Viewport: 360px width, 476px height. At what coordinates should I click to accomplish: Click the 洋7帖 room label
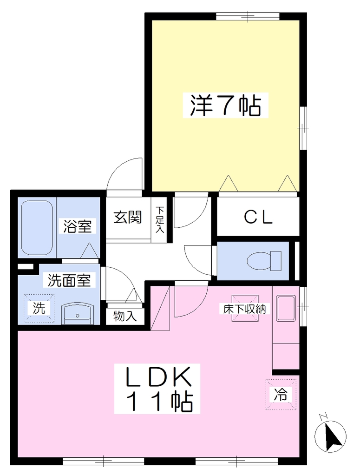(x=225, y=106)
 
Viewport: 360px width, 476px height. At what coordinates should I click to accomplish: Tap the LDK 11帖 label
(x=157, y=389)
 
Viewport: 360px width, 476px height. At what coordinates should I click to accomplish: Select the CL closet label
(x=258, y=217)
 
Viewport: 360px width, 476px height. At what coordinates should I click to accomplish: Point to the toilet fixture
(x=264, y=261)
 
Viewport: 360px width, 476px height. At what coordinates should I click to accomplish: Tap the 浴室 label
(x=77, y=226)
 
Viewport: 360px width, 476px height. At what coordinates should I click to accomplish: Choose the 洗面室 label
(x=70, y=280)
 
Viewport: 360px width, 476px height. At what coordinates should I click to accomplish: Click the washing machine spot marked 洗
(x=39, y=308)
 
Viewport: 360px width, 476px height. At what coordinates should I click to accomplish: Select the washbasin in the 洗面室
(x=77, y=315)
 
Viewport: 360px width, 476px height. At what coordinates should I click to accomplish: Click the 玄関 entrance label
(x=128, y=218)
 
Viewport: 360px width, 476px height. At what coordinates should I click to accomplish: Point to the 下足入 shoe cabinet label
(x=160, y=219)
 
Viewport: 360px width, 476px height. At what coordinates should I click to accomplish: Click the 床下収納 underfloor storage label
(x=244, y=309)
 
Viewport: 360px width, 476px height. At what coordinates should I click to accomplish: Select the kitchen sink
(x=286, y=308)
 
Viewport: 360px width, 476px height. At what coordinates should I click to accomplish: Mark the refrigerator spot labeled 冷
(x=281, y=394)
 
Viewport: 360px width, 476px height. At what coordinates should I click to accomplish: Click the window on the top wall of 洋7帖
(x=248, y=16)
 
